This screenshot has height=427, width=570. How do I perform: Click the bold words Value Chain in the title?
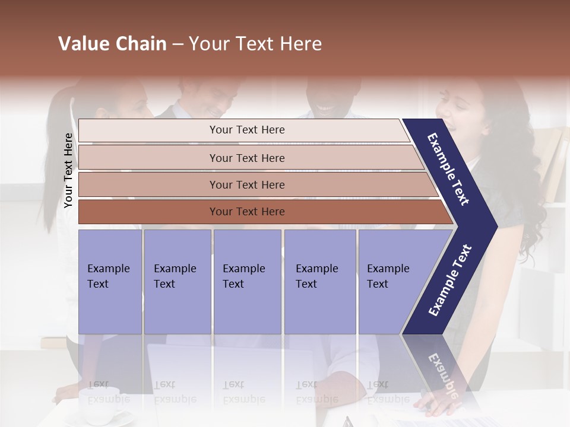pos(112,44)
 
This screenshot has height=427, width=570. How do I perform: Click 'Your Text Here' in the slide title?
pos(255,44)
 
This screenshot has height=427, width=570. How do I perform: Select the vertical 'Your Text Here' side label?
pos(68,171)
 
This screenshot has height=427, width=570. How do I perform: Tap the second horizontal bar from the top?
pos(247,158)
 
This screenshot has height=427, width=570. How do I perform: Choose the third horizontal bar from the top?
pos(247,184)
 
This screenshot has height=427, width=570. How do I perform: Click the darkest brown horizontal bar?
pos(247,212)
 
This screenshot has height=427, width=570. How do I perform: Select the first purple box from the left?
pos(110,282)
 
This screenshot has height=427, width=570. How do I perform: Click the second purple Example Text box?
pos(177,282)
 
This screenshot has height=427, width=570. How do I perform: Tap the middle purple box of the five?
pos(247,282)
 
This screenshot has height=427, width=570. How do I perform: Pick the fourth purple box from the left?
pos(320,282)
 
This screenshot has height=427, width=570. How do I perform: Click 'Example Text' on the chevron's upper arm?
pos(448,169)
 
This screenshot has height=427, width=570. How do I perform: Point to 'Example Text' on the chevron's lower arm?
pos(450,280)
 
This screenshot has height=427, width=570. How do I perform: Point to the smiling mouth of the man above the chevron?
pos(325,108)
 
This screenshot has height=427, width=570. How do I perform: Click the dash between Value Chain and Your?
pos(178,44)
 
